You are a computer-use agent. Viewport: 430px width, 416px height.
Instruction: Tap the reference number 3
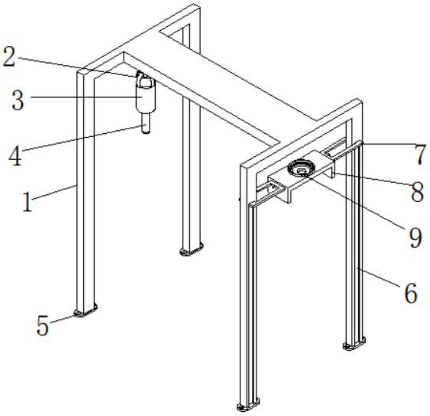(x=17, y=101)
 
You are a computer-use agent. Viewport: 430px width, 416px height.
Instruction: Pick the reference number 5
(x=42, y=325)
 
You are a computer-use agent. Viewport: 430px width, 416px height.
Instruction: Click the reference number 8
(x=417, y=192)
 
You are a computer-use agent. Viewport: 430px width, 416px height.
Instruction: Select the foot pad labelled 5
(x=85, y=311)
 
